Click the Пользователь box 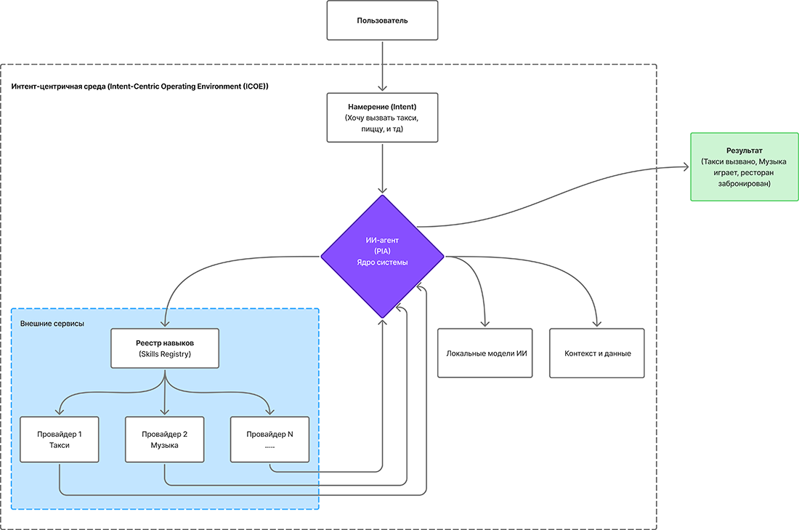point(383,20)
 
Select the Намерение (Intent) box point(383,117)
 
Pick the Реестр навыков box point(166,348)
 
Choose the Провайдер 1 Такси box point(60,439)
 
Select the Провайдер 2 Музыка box point(165,439)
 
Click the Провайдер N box point(269,439)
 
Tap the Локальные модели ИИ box point(484,353)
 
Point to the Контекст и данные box point(597,353)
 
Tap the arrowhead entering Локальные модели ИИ point(484,324)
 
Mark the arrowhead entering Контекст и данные point(597,324)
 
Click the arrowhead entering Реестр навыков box point(166,324)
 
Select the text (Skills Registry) point(166,354)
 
